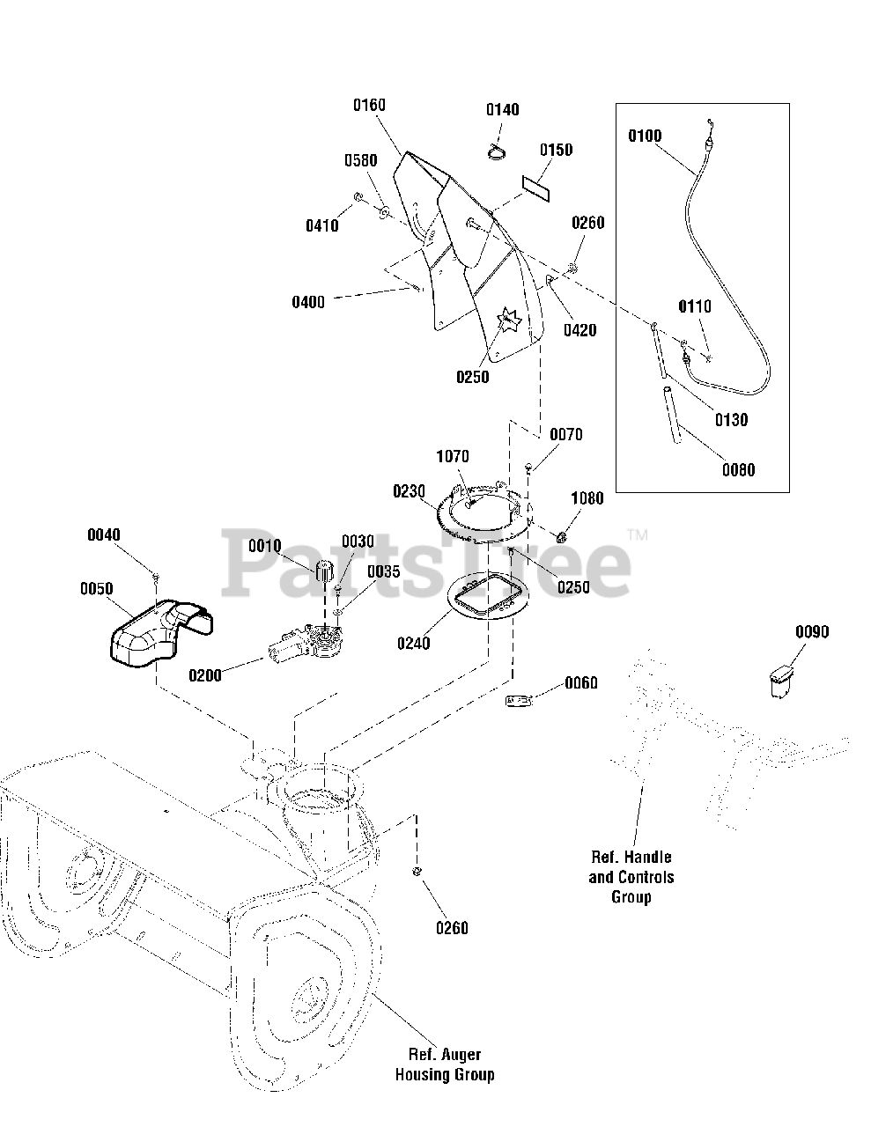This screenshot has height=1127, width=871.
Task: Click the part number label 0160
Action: tap(369, 106)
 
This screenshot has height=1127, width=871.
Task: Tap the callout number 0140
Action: tap(503, 109)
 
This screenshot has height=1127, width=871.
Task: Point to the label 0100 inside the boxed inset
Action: tap(645, 136)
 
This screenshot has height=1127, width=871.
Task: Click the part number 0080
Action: tap(739, 470)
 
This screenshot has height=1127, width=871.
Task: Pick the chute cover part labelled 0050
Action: tap(161, 633)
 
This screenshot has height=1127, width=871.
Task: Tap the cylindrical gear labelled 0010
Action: tap(325, 571)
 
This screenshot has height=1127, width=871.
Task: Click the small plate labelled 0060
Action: tap(519, 701)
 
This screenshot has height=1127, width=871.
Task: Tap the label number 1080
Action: tap(587, 498)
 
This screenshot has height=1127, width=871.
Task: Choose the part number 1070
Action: tap(453, 456)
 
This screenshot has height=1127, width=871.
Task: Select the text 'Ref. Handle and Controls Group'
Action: tap(631, 876)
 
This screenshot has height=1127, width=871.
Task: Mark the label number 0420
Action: tap(580, 330)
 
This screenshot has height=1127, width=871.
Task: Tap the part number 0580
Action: tap(361, 160)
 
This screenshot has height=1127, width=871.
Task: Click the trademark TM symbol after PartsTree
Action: tap(638, 534)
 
